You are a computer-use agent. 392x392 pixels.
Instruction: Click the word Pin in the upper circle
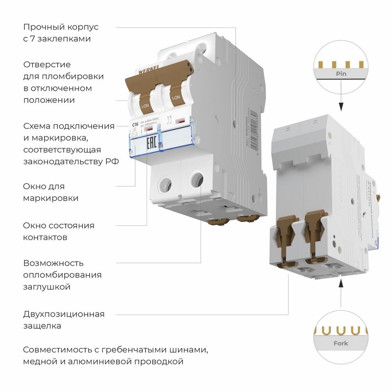[342, 73]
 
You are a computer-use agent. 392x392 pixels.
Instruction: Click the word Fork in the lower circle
[341, 343]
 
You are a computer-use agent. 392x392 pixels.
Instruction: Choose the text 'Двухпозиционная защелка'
[64, 319]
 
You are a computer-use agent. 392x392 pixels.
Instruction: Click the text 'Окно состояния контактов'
[59, 231]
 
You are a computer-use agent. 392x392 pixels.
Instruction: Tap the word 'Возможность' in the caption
[53, 263]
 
